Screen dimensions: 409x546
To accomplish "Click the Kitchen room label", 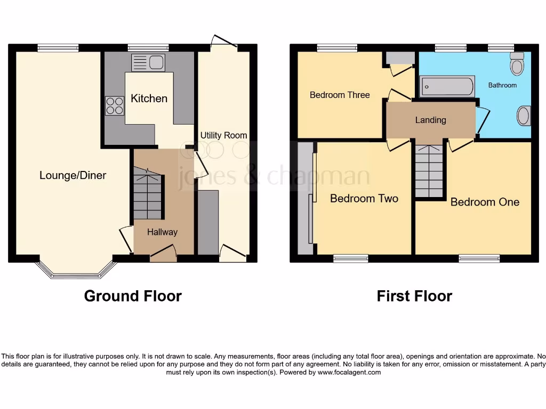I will point(149,99).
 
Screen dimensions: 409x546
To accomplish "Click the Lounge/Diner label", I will point(73,175).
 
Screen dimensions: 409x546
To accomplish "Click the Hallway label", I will point(162,232).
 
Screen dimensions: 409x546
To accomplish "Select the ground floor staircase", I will point(147,194).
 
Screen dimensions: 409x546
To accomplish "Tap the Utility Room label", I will point(223,135).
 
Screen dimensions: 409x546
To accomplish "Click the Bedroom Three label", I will point(340,95).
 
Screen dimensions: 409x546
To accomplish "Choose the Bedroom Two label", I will point(364,199).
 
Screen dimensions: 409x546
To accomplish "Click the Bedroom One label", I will point(485,202).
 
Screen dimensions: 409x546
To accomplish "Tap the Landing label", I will point(430,120).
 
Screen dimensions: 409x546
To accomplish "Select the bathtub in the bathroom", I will point(447,87).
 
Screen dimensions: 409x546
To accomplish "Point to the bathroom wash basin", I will point(524,116).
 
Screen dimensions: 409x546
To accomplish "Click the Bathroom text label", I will point(502,85).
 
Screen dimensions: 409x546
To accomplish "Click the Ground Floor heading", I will point(133,296).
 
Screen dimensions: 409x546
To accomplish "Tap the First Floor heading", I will point(414,296).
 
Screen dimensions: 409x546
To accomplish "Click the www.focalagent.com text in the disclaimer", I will point(349,372).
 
